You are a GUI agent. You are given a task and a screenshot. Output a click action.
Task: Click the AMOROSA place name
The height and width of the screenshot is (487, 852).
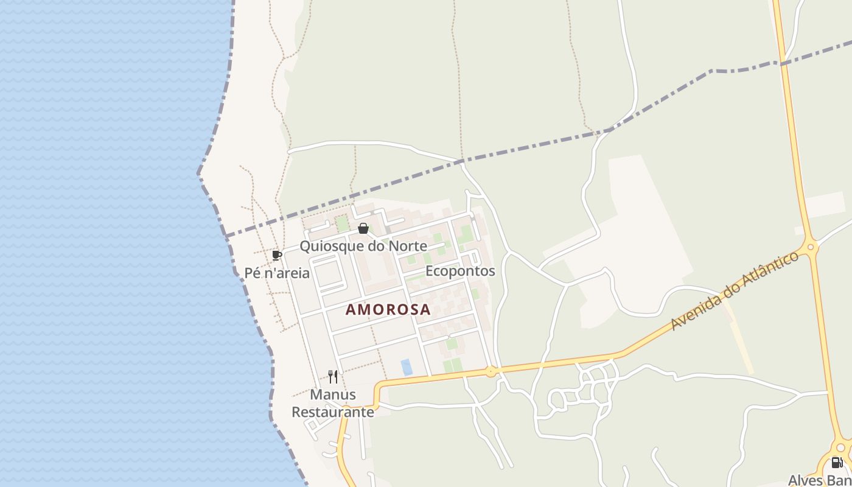point(388,309)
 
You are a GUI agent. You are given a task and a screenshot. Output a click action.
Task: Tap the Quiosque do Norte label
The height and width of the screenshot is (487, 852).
point(363,247)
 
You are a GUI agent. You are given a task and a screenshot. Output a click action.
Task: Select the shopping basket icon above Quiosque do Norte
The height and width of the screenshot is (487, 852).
point(363,229)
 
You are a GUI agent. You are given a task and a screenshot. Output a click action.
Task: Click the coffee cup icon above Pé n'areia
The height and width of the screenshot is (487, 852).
point(277,255)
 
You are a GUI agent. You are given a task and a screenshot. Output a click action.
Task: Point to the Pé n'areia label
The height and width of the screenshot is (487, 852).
point(277,273)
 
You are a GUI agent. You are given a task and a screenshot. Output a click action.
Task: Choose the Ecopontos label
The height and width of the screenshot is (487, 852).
point(460,271)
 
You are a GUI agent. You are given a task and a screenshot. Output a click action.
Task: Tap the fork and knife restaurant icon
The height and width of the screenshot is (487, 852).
point(332,377)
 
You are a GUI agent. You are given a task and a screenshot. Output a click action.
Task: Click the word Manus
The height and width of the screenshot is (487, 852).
point(333,394)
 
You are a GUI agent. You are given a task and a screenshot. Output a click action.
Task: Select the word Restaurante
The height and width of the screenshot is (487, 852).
point(333,412)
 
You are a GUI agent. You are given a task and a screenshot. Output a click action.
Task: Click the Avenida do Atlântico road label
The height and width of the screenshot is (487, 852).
point(735,291)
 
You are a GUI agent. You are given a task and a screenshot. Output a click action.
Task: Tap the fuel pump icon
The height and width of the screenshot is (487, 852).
point(837,463)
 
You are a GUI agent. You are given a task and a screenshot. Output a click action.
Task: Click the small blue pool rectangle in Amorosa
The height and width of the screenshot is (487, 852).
point(406,366)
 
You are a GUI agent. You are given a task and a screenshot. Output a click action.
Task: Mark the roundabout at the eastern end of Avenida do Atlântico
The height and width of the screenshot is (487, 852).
point(810,247)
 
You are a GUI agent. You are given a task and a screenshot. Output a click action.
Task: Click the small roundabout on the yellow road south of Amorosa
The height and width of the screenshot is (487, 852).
point(491,371)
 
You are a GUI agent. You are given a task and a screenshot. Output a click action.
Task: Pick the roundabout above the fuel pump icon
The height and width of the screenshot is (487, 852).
point(840,447)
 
